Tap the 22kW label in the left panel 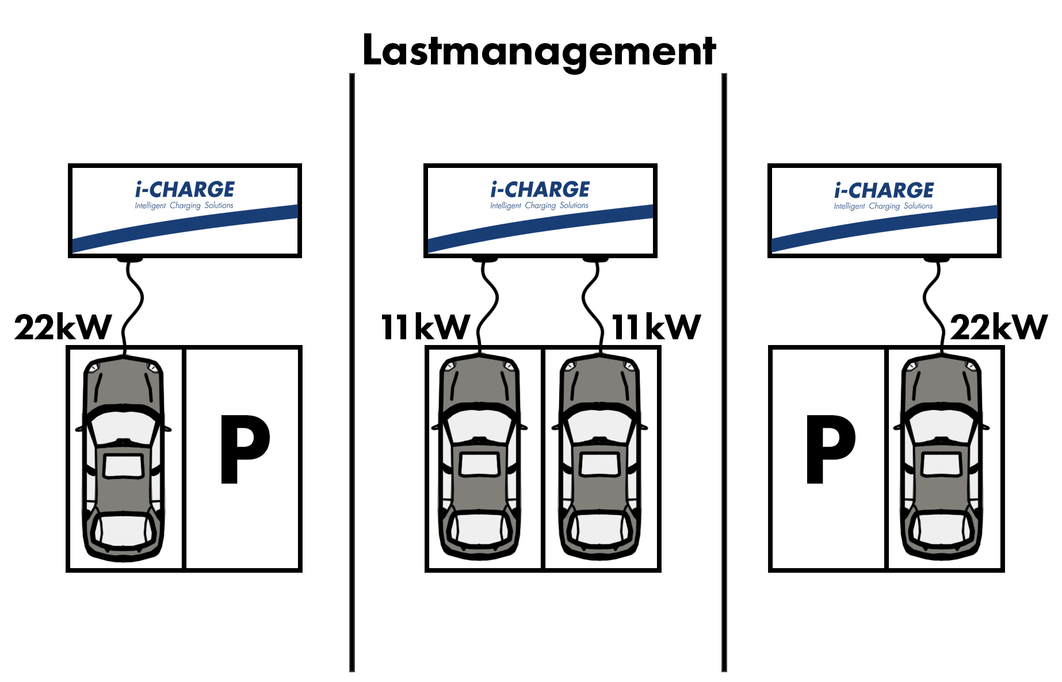(63, 327)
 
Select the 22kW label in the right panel (998, 327)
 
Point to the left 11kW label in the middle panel (426, 327)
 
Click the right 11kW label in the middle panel (656, 327)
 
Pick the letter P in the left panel (245, 449)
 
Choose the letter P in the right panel (830, 449)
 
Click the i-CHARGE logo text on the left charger (185, 189)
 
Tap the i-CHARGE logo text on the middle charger (540, 189)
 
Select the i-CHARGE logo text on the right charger (884, 190)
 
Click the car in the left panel (123, 458)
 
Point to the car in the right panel (941, 458)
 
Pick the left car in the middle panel (479, 458)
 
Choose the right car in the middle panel (599, 458)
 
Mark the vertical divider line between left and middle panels (352, 372)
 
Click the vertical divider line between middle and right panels (724, 372)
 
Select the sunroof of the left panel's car (123, 466)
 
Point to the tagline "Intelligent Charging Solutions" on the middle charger (540, 205)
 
